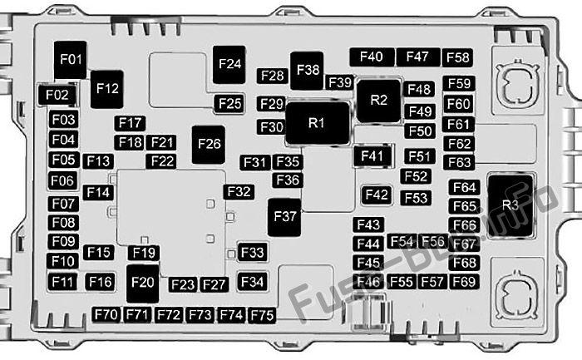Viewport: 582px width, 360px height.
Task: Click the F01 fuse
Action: click(70, 60)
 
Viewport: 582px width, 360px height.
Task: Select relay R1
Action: click(318, 123)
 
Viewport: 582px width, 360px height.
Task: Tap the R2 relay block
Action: click(378, 101)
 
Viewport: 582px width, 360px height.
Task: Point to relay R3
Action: click(510, 205)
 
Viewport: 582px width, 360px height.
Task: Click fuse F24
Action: click(229, 65)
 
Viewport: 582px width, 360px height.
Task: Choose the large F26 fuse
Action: click(208, 145)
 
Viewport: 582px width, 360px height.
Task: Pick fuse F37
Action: click(284, 217)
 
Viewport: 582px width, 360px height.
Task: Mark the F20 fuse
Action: click(142, 284)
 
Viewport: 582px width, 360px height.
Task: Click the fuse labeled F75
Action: click(262, 315)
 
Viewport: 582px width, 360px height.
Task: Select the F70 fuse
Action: click(106, 315)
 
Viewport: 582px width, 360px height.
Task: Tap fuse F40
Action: click(372, 57)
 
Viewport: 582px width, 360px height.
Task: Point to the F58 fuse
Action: click(457, 57)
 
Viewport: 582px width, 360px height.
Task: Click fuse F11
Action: click(62, 282)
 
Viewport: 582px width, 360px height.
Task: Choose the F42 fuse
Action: click(377, 195)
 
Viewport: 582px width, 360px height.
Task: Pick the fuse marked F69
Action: click(464, 282)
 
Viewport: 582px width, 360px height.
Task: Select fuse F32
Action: click(239, 192)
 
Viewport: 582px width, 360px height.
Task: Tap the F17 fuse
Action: click(130, 123)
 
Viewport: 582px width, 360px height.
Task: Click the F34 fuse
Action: click(253, 282)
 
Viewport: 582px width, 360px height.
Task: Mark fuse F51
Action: click(419, 156)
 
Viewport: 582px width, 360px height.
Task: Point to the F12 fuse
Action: click(107, 89)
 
